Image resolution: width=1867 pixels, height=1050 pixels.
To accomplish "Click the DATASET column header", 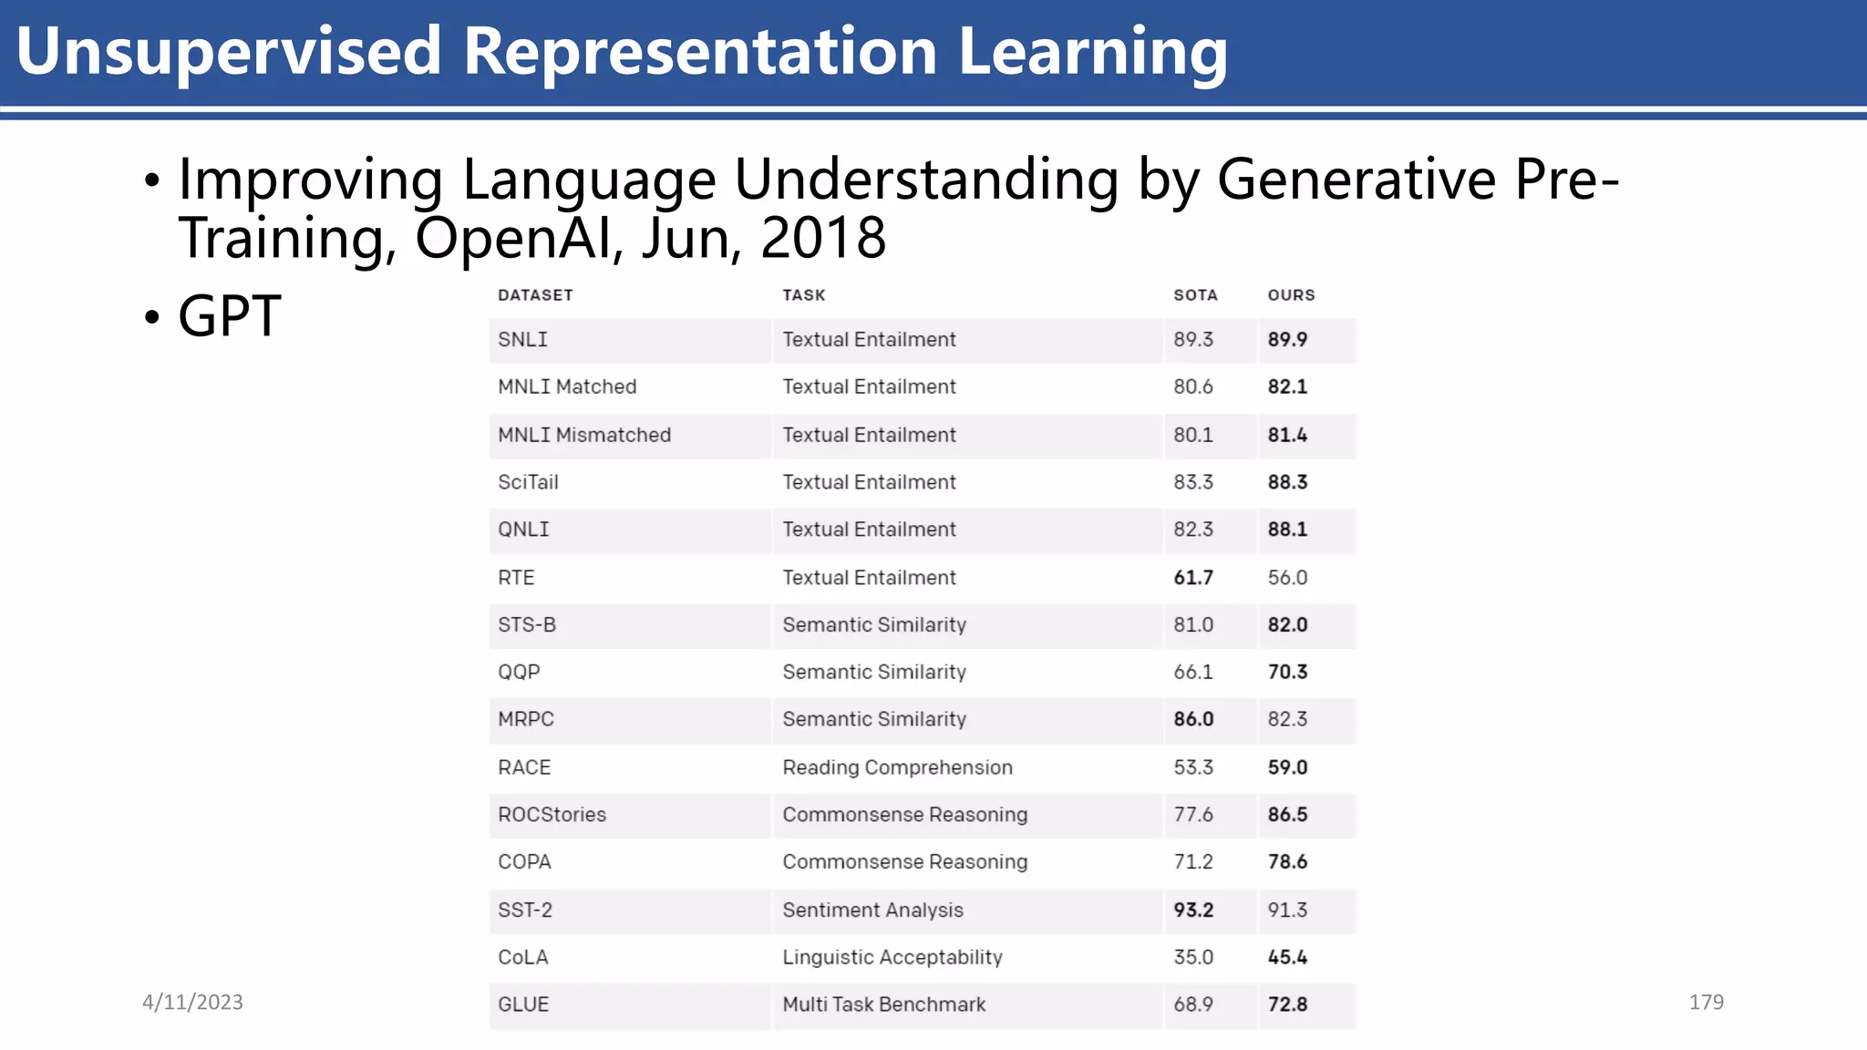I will [x=535, y=295].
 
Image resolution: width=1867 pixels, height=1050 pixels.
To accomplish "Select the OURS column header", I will [x=1291, y=295].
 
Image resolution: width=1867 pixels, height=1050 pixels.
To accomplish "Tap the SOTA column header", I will [x=1195, y=295].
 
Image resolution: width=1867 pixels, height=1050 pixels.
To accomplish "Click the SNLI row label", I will [x=522, y=340].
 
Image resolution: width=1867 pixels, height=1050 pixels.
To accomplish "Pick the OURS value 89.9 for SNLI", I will [x=1287, y=340].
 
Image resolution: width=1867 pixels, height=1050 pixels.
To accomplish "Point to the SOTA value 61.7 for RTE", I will [x=1193, y=578].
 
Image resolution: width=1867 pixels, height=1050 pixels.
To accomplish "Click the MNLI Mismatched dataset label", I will [x=584, y=436].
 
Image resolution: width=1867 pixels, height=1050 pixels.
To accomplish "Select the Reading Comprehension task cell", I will [x=897, y=767].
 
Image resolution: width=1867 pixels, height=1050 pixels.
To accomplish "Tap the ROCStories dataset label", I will [x=552, y=815].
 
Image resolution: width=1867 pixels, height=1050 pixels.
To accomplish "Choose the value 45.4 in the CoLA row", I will [x=1287, y=958].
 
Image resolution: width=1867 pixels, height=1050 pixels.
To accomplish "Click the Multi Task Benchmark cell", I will [x=883, y=1004].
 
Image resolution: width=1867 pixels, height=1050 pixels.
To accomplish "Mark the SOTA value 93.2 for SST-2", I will [x=1193, y=911].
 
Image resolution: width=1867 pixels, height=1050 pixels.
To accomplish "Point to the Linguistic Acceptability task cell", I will [x=892, y=958].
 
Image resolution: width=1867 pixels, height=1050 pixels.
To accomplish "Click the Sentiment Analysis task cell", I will [x=872, y=911].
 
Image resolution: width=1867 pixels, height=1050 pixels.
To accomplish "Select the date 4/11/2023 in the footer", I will [x=192, y=1003].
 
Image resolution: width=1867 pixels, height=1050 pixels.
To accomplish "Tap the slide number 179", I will [x=1706, y=1003].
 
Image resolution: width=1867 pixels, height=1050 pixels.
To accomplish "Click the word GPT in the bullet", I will [x=229, y=316].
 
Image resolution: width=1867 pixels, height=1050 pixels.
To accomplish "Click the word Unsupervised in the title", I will [x=229, y=51].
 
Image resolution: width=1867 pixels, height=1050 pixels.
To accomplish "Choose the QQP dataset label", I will [x=519, y=673].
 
